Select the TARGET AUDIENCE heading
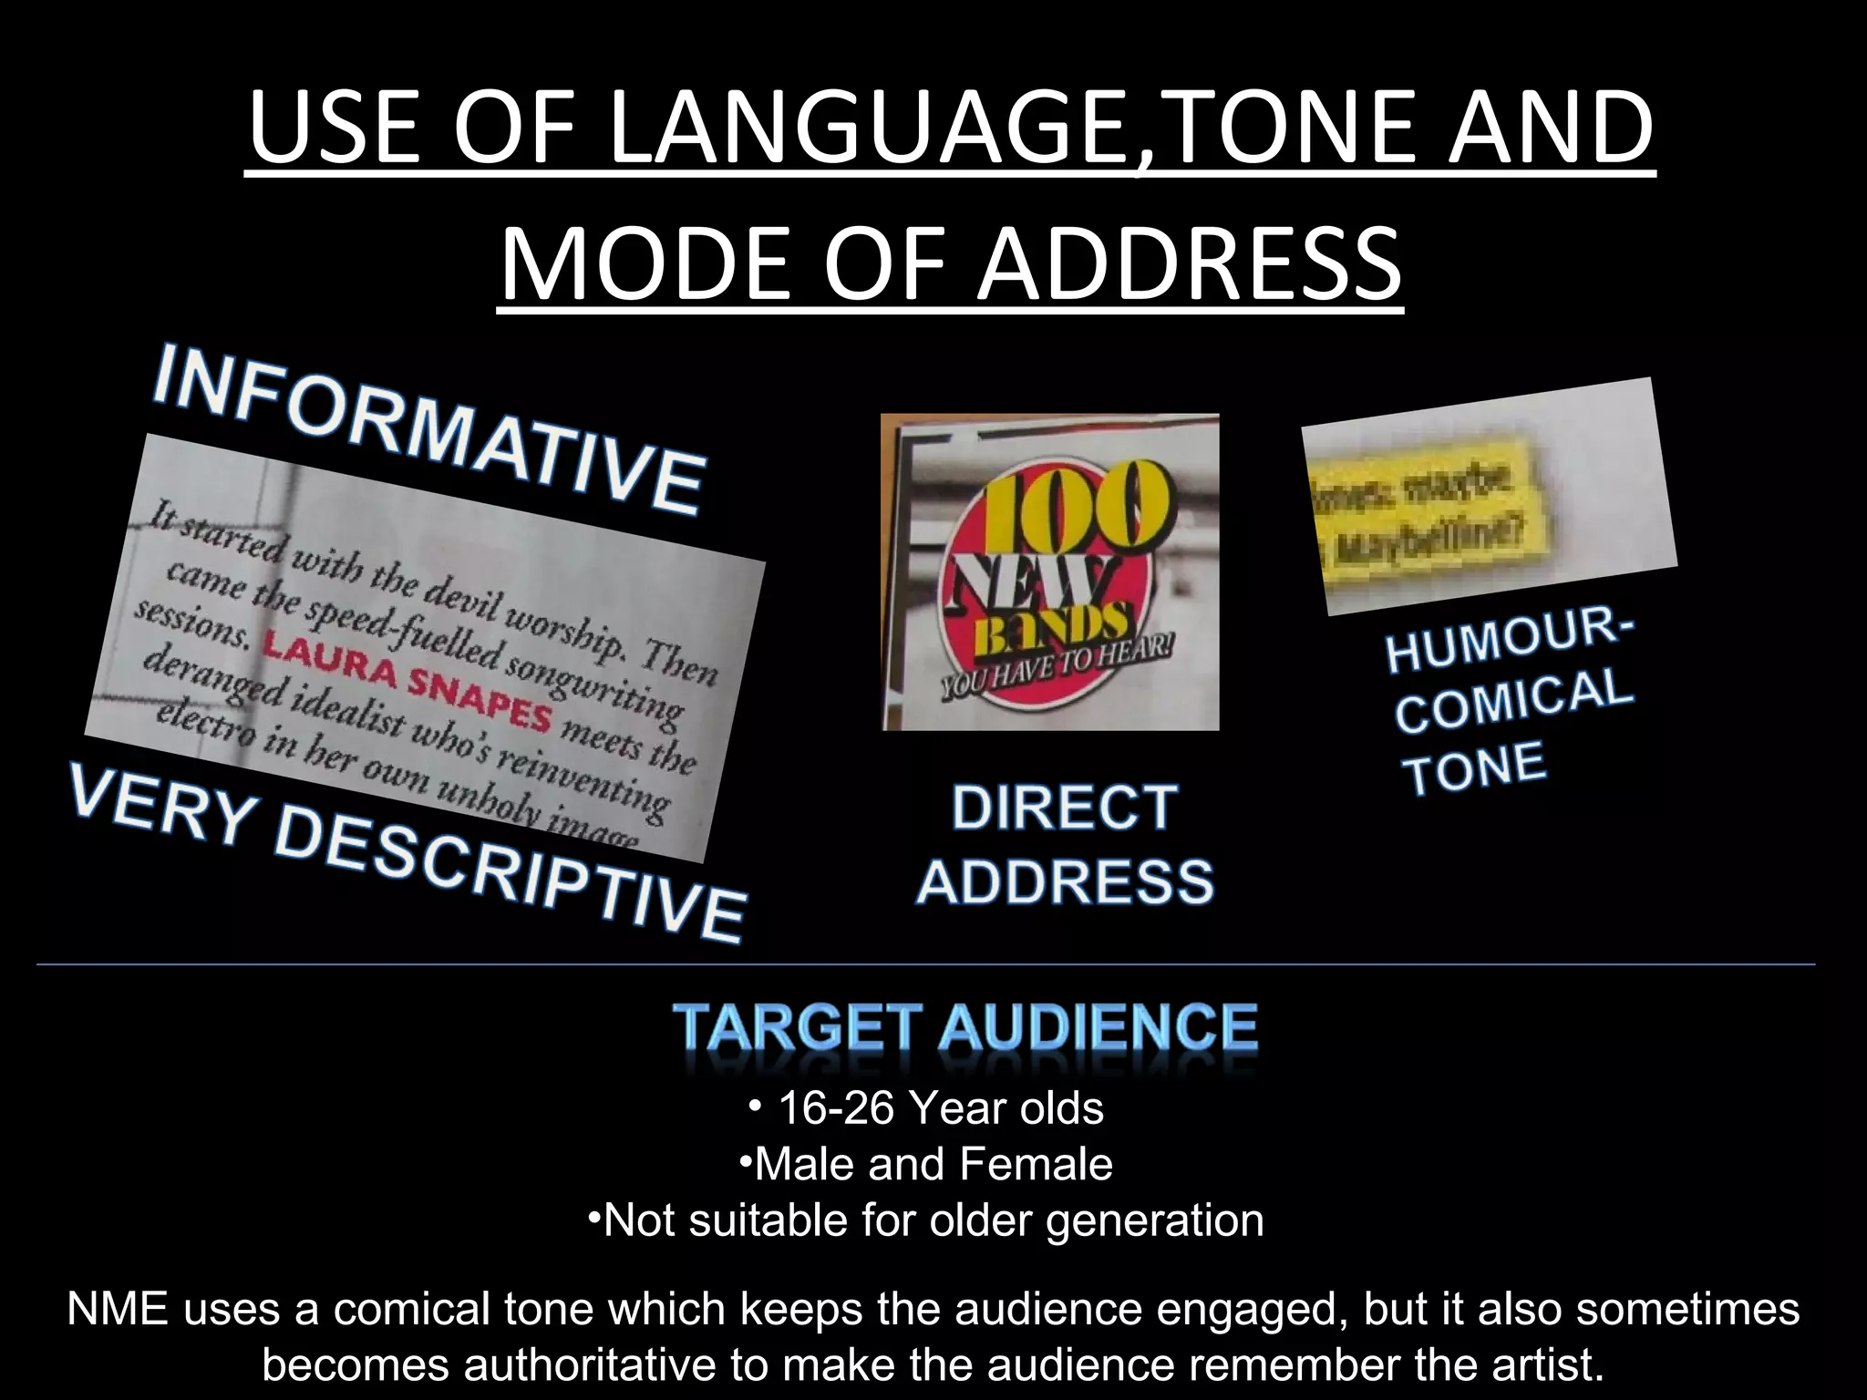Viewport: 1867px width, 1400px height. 965,1028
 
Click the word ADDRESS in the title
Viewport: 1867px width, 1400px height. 1189,263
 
